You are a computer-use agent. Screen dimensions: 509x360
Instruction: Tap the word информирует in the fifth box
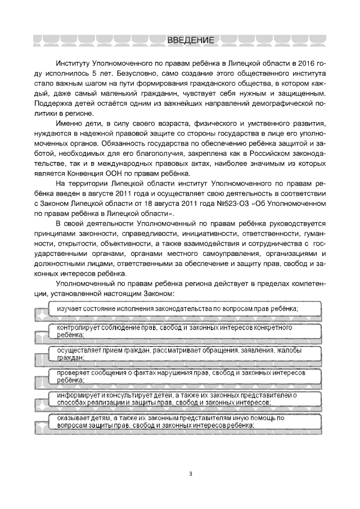coord(73,396)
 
